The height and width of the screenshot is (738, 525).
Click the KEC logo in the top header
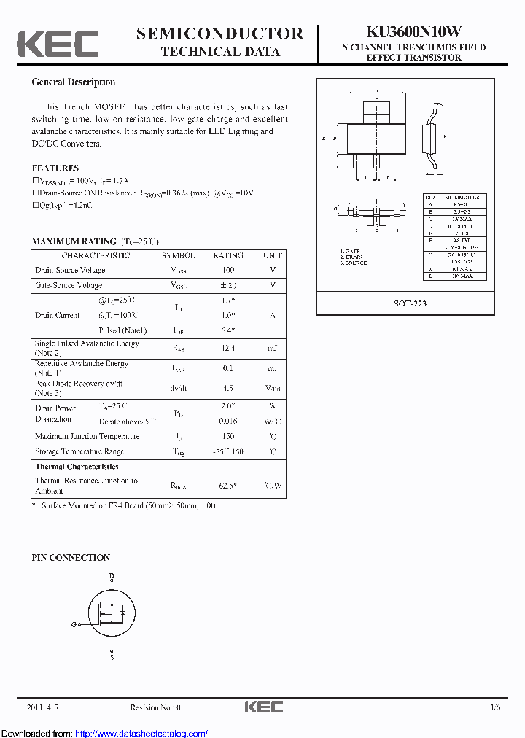click(x=58, y=43)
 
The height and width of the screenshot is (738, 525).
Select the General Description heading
click(x=74, y=82)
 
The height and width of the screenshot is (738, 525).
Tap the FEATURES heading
click(x=55, y=168)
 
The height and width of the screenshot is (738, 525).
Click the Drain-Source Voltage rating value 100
click(x=228, y=271)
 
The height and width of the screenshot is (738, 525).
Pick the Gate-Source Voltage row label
click(x=69, y=285)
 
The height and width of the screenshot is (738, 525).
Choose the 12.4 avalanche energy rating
click(x=228, y=349)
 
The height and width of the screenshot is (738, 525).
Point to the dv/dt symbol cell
click(x=178, y=388)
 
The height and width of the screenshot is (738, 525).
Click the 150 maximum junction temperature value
click(x=228, y=436)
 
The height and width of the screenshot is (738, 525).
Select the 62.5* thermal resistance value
click(x=228, y=485)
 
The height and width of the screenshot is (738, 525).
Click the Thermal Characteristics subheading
click(x=77, y=466)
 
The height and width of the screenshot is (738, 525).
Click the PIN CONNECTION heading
click(x=71, y=557)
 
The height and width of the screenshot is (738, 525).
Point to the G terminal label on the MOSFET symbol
click(x=74, y=624)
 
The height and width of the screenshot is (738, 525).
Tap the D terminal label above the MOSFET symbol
click(x=112, y=576)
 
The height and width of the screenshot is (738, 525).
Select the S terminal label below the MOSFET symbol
click(x=112, y=658)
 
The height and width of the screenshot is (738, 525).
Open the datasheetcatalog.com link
click(x=141, y=733)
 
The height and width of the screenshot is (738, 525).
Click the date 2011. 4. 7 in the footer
click(x=41, y=707)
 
